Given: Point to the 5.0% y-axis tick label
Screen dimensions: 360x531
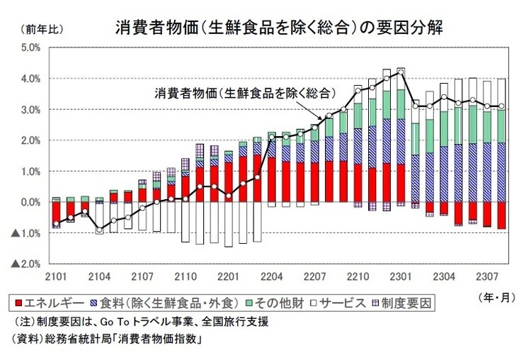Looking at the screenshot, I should (29, 48).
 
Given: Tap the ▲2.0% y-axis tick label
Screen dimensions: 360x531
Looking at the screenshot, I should (25, 264).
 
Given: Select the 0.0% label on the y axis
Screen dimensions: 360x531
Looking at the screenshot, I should (29, 202).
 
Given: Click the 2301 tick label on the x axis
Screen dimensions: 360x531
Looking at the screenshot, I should (401, 274).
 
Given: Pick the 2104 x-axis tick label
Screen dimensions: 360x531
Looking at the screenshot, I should (99, 274).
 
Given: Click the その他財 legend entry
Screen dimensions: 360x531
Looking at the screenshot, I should (278, 303).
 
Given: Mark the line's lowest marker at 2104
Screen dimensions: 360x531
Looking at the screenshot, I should (99, 230).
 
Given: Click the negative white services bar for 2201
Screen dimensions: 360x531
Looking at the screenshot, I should (229, 225).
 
